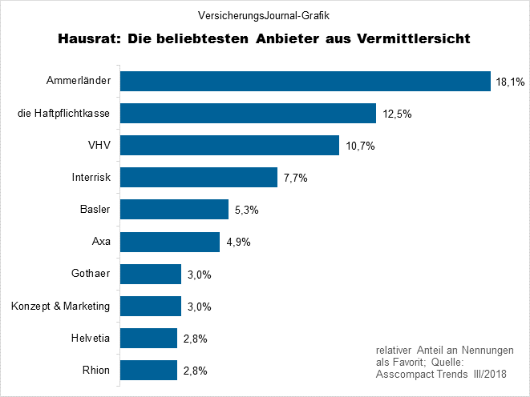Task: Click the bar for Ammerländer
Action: coord(305,81)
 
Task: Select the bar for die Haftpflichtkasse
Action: coord(248,113)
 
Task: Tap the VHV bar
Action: coord(229,145)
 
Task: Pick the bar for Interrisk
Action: coord(199,177)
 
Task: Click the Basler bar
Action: coord(174,210)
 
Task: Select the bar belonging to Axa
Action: coord(170,242)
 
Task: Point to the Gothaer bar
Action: coord(151,274)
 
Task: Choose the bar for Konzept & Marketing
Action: coord(151,306)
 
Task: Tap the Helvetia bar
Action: coord(148,338)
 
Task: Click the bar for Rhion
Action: coord(148,370)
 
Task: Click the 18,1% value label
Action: coord(510,82)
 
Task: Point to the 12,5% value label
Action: coord(397,114)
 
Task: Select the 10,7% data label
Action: coord(361,146)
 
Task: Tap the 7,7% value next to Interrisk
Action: coord(296,178)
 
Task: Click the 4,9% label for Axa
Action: coord(237,242)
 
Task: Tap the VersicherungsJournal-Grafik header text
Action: coord(264,14)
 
